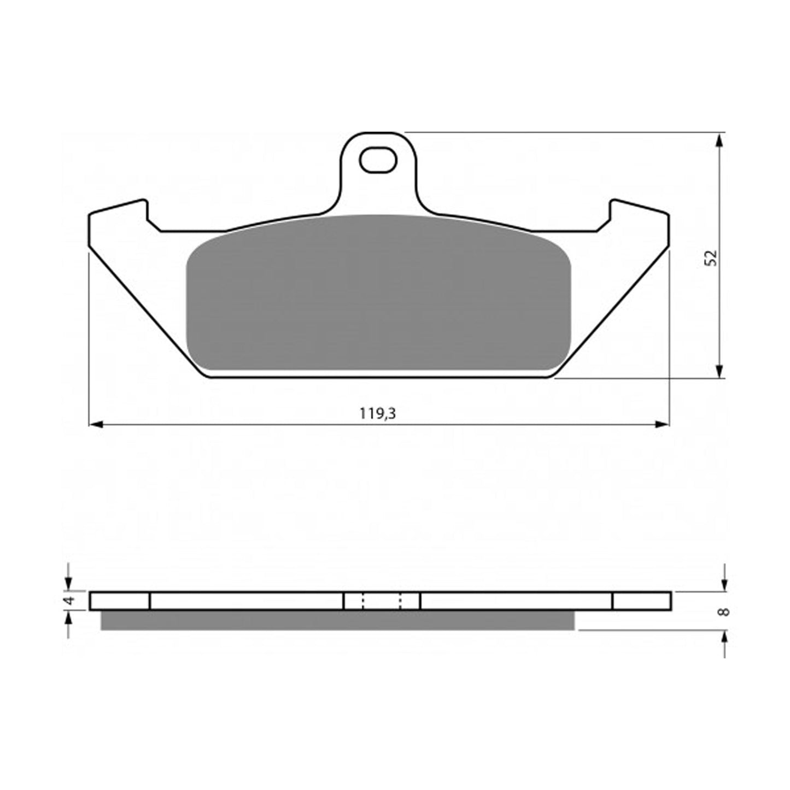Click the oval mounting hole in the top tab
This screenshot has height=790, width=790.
(x=377, y=160)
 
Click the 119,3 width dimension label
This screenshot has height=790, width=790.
(x=378, y=414)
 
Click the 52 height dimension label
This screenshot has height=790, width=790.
(x=710, y=258)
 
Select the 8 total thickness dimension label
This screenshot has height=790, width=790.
(x=724, y=611)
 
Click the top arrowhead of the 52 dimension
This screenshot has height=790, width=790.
(x=720, y=140)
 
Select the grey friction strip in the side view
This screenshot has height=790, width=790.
(x=337, y=620)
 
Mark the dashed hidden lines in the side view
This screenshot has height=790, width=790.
(x=382, y=600)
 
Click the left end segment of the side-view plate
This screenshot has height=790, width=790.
(x=119, y=600)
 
